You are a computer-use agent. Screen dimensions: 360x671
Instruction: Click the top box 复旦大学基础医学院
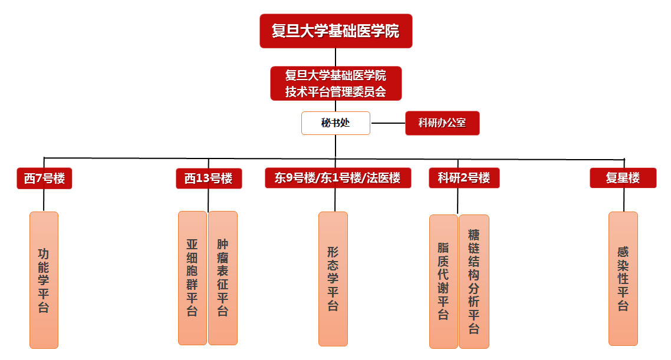tap(335, 31)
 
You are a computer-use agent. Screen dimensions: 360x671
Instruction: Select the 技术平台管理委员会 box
tap(335, 84)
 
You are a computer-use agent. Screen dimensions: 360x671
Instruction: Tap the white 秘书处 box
tap(335, 123)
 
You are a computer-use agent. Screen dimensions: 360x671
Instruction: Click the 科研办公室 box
tap(442, 123)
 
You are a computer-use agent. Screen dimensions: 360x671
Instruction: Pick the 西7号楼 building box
tap(44, 179)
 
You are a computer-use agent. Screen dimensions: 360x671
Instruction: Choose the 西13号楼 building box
tap(209, 179)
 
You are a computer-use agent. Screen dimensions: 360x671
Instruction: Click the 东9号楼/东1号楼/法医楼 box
tap(337, 178)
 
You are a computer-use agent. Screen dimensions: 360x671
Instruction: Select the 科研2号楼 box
tap(464, 178)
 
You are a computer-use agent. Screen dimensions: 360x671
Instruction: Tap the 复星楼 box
tap(623, 178)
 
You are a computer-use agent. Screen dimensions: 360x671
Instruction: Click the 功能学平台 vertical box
tap(44, 280)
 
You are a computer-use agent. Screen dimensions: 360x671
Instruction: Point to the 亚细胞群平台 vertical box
tap(192, 278)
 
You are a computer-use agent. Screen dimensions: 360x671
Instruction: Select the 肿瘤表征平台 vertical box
tap(223, 278)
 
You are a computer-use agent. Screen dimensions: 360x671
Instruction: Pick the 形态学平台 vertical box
tap(333, 279)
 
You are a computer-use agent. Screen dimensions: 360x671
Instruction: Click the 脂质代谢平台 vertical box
tap(443, 281)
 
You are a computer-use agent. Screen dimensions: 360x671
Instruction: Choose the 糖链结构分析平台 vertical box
tap(474, 281)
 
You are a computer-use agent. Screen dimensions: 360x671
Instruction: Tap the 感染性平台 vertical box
tap(623, 278)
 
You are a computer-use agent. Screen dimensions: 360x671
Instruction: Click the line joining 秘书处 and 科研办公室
tap(387, 123)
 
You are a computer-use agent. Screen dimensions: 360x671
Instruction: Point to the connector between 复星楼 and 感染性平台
tap(624, 200)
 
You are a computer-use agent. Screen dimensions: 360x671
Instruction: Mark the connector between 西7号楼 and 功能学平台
tap(44, 200)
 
